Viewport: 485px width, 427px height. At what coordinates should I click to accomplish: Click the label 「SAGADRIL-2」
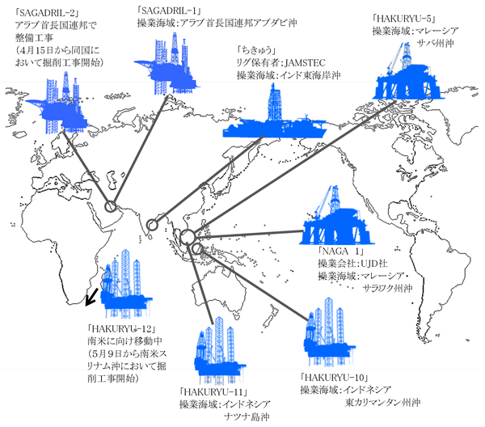coord(47,12)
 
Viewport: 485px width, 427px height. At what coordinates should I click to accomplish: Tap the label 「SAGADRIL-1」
coord(169,11)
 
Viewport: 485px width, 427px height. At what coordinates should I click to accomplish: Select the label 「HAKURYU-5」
coord(404,19)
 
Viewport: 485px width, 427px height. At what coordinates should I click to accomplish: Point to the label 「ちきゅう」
coord(256,50)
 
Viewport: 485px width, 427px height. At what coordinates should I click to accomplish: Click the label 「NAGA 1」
coord(341,251)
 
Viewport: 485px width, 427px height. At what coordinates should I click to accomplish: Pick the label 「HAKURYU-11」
coord(213,392)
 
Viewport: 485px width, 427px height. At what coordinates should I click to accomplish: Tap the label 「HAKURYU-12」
coord(121,328)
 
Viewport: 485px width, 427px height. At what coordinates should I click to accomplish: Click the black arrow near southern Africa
coord(91,298)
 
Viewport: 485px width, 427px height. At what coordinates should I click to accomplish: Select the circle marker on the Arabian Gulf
coord(111,206)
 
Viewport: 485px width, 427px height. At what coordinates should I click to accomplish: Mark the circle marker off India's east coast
coord(152,225)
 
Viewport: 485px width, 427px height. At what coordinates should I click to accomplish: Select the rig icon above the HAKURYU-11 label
coord(219,350)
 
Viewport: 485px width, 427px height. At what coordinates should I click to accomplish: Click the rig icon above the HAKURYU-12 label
coord(125,284)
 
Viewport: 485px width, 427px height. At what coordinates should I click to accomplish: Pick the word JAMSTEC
coord(305,63)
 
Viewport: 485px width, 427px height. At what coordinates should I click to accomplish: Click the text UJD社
coord(373,264)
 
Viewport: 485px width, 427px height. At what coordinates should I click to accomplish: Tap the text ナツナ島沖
coord(247,417)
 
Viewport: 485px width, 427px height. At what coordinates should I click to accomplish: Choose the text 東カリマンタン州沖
coord(383,403)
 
